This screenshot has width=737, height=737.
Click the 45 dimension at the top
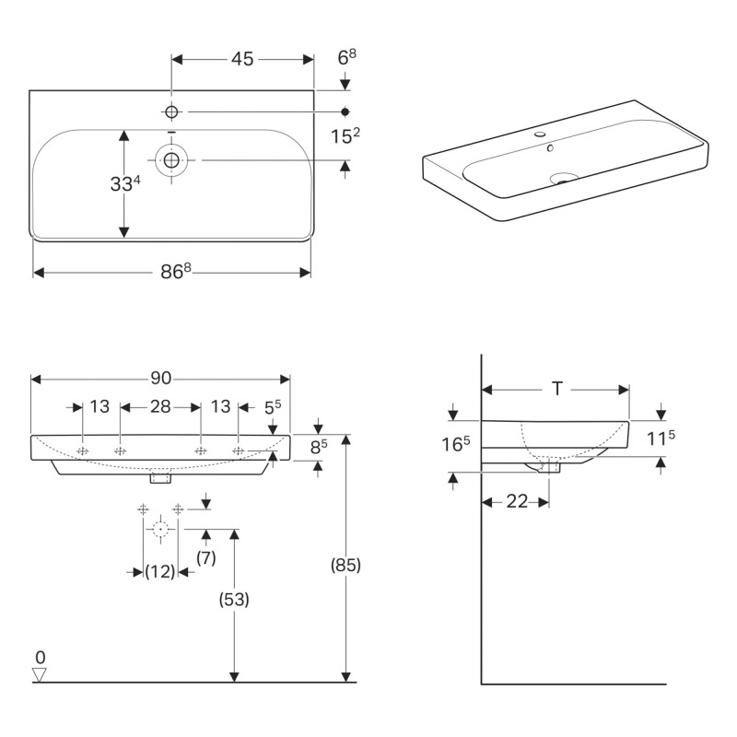[242, 59]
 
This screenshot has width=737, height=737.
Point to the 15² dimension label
[345, 136]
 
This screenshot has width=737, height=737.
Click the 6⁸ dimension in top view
[346, 58]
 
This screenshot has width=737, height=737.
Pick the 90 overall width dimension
[160, 378]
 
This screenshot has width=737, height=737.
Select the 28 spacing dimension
[160, 407]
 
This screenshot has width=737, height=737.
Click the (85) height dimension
[345, 565]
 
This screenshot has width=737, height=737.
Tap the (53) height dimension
[234, 598]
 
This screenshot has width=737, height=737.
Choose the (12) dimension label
[160, 572]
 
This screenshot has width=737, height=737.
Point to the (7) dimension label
[205, 556]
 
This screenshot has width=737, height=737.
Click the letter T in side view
[556, 389]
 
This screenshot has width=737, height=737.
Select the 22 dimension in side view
[516, 502]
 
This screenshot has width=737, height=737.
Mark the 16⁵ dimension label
[456, 444]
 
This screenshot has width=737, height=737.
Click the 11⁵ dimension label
[661, 439]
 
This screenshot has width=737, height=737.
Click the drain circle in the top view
[170, 160]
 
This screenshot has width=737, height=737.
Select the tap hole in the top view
[170, 111]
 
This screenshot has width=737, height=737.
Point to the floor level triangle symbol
[40, 675]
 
